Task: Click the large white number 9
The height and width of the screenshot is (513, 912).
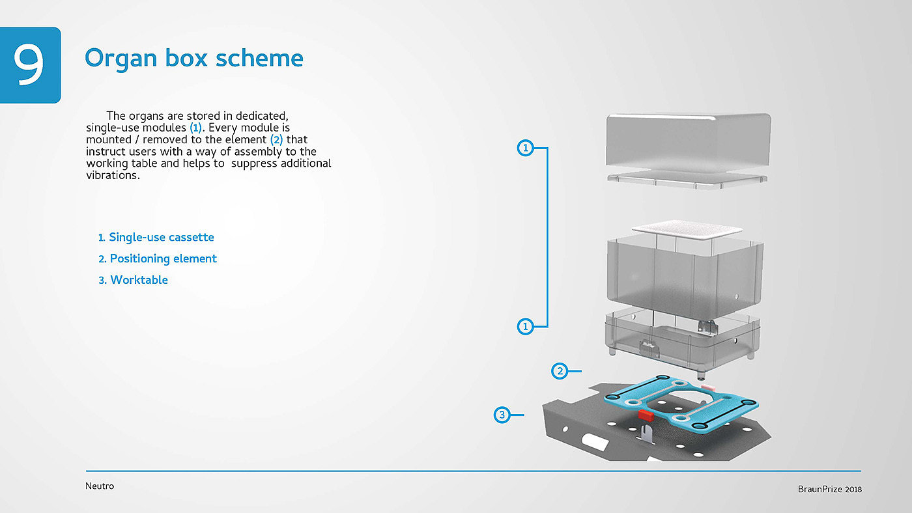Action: click(x=29, y=65)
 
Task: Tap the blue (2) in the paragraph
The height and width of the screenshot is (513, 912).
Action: click(x=276, y=139)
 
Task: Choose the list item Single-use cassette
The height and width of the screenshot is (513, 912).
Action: click(x=161, y=237)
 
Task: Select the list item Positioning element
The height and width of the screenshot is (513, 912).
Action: click(x=163, y=258)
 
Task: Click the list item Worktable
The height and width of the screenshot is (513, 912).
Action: click(x=139, y=280)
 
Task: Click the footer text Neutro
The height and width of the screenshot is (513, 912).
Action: click(x=100, y=486)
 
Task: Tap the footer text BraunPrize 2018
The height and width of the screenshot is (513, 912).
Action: click(x=829, y=489)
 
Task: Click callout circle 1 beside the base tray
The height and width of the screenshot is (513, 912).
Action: click(x=526, y=326)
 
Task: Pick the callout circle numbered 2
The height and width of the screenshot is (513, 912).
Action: click(x=560, y=371)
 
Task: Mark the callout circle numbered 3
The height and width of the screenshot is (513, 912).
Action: click(x=501, y=414)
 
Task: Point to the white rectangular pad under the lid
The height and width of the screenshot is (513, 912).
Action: click(x=687, y=229)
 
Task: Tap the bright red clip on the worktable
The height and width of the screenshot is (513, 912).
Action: click(x=646, y=413)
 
